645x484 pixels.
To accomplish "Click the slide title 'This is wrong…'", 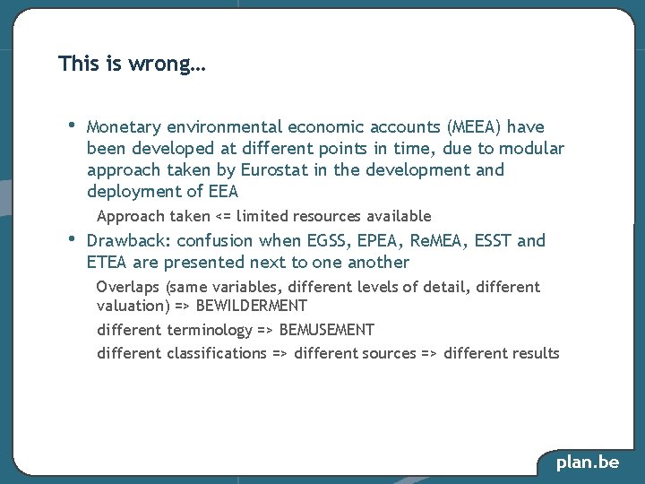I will [x=132, y=65].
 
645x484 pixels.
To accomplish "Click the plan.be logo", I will [x=587, y=462].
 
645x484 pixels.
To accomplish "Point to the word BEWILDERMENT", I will [x=252, y=306].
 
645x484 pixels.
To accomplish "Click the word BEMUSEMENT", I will [x=327, y=330].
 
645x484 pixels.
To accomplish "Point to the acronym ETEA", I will [x=107, y=263].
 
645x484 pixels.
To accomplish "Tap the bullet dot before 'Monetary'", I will [x=72, y=125].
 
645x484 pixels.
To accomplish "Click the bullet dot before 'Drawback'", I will [x=72, y=238].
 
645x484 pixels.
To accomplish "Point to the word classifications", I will [x=217, y=353].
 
